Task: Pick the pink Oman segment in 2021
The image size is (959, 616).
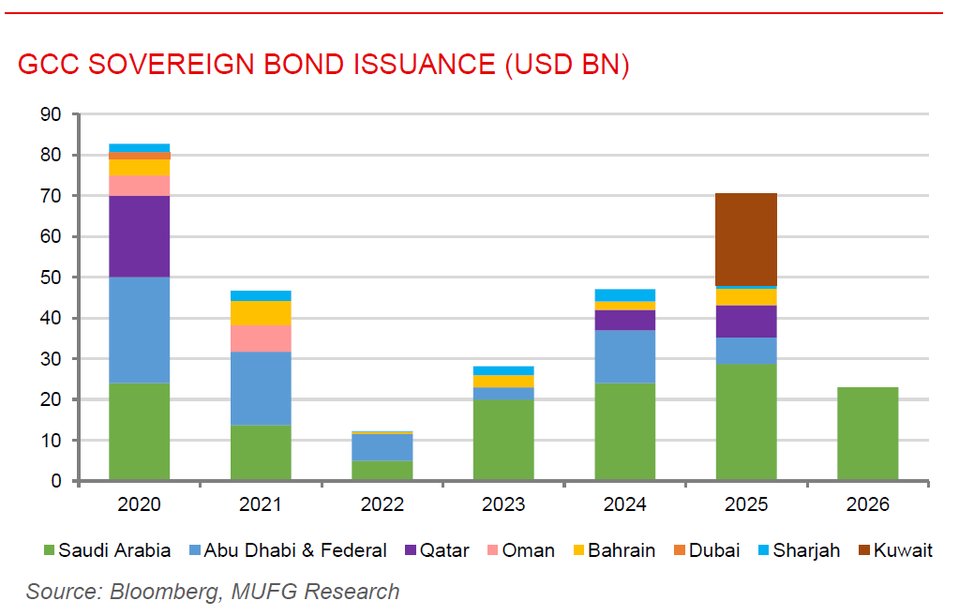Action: point(261,338)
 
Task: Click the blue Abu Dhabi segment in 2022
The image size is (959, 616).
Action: point(382,447)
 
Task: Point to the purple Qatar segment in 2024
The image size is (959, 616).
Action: point(624,320)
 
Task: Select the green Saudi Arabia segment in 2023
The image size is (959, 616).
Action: point(503,440)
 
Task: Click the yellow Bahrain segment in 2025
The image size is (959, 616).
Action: point(746,296)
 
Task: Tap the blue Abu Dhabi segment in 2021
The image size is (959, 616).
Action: point(261,388)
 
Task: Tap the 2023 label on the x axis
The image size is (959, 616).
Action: point(503,504)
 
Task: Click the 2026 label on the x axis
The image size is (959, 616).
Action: point(867,504)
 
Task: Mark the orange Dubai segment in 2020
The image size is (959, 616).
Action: point(139,156)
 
